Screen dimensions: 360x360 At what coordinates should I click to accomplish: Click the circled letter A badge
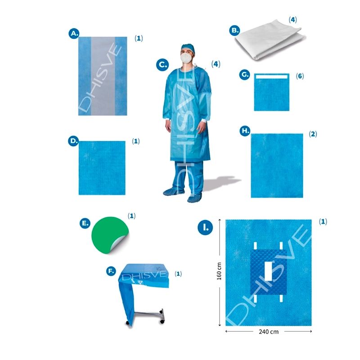74,33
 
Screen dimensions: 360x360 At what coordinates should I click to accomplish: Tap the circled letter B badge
234,30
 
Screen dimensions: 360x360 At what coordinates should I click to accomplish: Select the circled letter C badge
162,65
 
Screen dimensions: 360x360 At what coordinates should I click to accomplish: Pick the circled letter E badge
85,223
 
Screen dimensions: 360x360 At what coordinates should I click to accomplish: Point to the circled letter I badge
205,228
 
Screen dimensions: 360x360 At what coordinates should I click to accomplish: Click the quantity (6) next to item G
300,76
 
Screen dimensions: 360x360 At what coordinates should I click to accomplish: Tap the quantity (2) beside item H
313,134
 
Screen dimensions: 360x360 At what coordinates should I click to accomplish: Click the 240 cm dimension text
269,332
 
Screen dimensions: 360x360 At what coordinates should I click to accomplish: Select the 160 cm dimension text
219,271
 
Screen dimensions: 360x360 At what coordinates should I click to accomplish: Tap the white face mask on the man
186,58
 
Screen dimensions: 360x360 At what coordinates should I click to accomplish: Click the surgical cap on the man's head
188,48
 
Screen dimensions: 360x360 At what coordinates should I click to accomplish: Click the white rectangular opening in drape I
268,271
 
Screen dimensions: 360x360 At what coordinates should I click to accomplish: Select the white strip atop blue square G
272,76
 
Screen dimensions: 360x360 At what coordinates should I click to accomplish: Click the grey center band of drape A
103,76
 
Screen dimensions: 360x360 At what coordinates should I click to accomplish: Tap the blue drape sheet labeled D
102,168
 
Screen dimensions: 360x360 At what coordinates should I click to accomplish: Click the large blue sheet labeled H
277,166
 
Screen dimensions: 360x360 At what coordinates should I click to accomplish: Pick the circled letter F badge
111,271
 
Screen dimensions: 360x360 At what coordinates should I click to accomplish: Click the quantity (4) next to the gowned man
216,64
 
